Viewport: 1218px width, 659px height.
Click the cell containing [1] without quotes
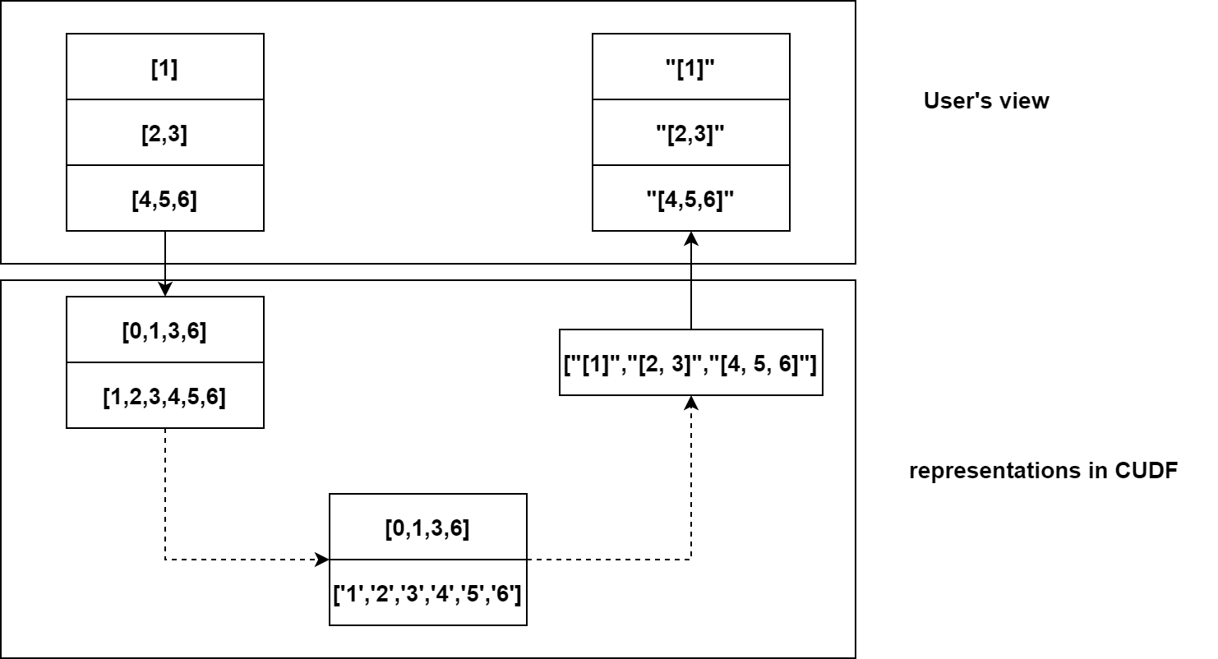pyautogui.click(x=164, y=67)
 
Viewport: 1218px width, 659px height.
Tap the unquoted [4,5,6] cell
pyautogui.click(x=164, y=199)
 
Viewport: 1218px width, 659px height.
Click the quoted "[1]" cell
pyautogui.click(x=690, y=67)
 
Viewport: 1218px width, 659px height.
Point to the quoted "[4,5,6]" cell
pyautogui.click(x=690, y=199)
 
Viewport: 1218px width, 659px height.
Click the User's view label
pyautogui.click(x=985, y=101)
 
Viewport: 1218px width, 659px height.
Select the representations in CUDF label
pyautogui.click(x=1043, y=472)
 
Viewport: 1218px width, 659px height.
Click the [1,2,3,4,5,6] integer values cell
pyautogui.click(x=164, y=396)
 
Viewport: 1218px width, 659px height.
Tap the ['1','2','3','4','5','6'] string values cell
pyautogui.click(x=427, y=593)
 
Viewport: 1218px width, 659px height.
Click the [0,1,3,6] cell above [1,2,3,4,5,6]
pyautogui.click(x=164, y=330)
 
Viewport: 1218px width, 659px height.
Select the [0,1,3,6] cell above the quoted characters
pyautogui.click(x=427, y=528)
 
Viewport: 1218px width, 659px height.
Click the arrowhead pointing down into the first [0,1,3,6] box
pyautogui.click(x=165, y=289)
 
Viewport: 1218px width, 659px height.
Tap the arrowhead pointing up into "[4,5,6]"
pyautogui.click(x=691, y=238)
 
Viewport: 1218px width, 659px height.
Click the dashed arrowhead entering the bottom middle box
pyautogui.click(x=321, y=560)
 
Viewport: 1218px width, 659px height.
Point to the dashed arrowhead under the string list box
pyautogui.click(x=691, y=403)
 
